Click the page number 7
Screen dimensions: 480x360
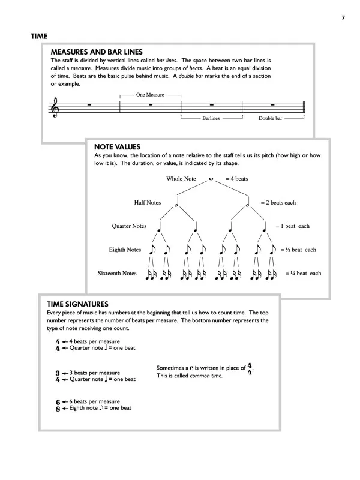tap(342, 17)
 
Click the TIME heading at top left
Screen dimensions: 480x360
tap(40, 37)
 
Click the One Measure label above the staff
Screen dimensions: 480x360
tap(150, 95)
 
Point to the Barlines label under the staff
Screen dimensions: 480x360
tap(211, 118)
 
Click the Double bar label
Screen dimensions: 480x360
tap(271, 118)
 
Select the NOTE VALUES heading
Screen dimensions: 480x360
tap(118, 146)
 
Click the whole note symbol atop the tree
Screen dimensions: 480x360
tap(211, 178)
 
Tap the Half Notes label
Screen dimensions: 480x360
tap(148, 202)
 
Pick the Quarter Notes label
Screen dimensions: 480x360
tap(130, 226)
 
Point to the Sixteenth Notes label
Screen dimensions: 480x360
tap(118, 274)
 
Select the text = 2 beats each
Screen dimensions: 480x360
tap(278, 203)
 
